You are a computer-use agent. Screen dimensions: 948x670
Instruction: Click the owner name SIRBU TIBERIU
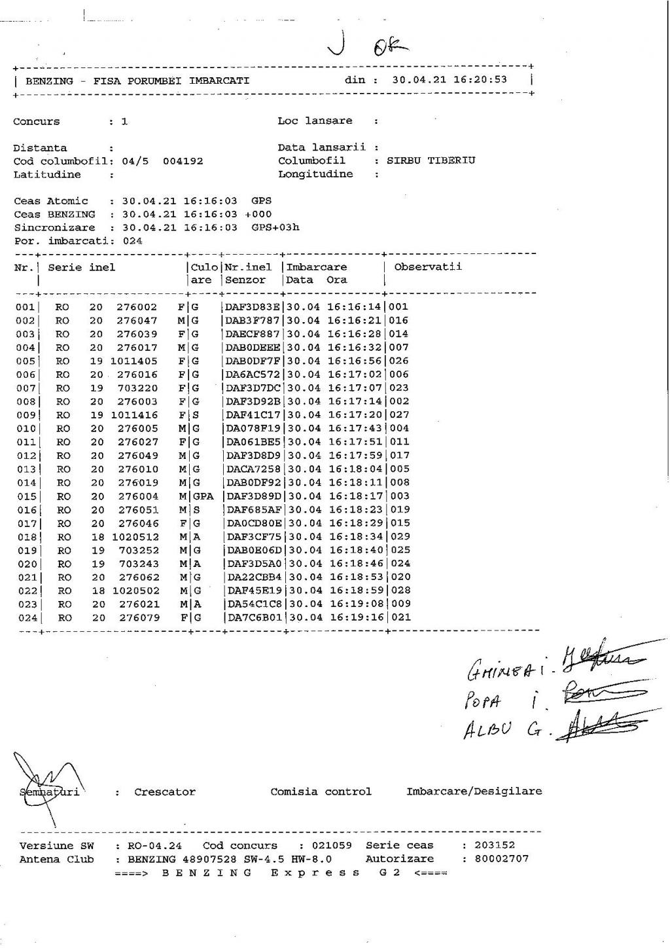(x=431, y=160)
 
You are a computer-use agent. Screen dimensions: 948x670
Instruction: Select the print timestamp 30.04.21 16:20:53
(x=450, y=80)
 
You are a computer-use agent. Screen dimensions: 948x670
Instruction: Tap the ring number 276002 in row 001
(x=137, y=307)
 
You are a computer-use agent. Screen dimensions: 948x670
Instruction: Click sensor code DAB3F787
(x=253, y=321)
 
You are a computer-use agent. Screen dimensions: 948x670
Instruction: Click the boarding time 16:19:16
(x=356, y=617)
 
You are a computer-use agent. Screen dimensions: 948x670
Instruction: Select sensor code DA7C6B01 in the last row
(x=254, y=617)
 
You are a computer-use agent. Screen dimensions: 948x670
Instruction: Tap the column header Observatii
(x=428, y=266)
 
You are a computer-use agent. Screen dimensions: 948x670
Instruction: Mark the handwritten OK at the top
(x=389, y=46)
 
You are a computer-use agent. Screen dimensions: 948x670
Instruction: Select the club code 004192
(x=183, y=161)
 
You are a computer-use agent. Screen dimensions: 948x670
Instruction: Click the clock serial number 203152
(x=495, y=845)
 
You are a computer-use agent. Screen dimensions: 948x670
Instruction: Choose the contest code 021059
(x=332, y=845)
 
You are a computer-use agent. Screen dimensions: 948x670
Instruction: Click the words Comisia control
(x=321, y=792)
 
